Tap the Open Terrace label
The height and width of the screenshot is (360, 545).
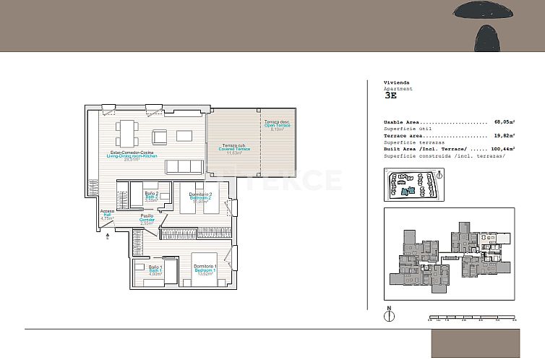coord(276,124)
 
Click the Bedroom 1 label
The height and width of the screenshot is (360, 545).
coord(205,270)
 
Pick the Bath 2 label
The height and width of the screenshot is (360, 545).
coord(151,197)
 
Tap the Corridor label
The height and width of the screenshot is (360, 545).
coord(147,219)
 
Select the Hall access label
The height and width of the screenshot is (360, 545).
coord(107,215)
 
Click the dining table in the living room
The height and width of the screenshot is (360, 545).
coord(127,132)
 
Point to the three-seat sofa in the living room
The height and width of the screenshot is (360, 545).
coord(184,166)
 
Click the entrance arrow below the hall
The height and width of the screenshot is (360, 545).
coord(108,234)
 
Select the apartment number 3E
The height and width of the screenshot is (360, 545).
coord(391,95)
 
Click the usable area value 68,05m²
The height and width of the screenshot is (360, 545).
coord(504,122)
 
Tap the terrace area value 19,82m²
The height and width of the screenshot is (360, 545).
coord(504,135)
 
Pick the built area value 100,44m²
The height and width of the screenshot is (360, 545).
coord(501,148)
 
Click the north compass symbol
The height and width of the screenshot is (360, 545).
coord(390,315)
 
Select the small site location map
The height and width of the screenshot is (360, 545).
coord(413,185)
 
